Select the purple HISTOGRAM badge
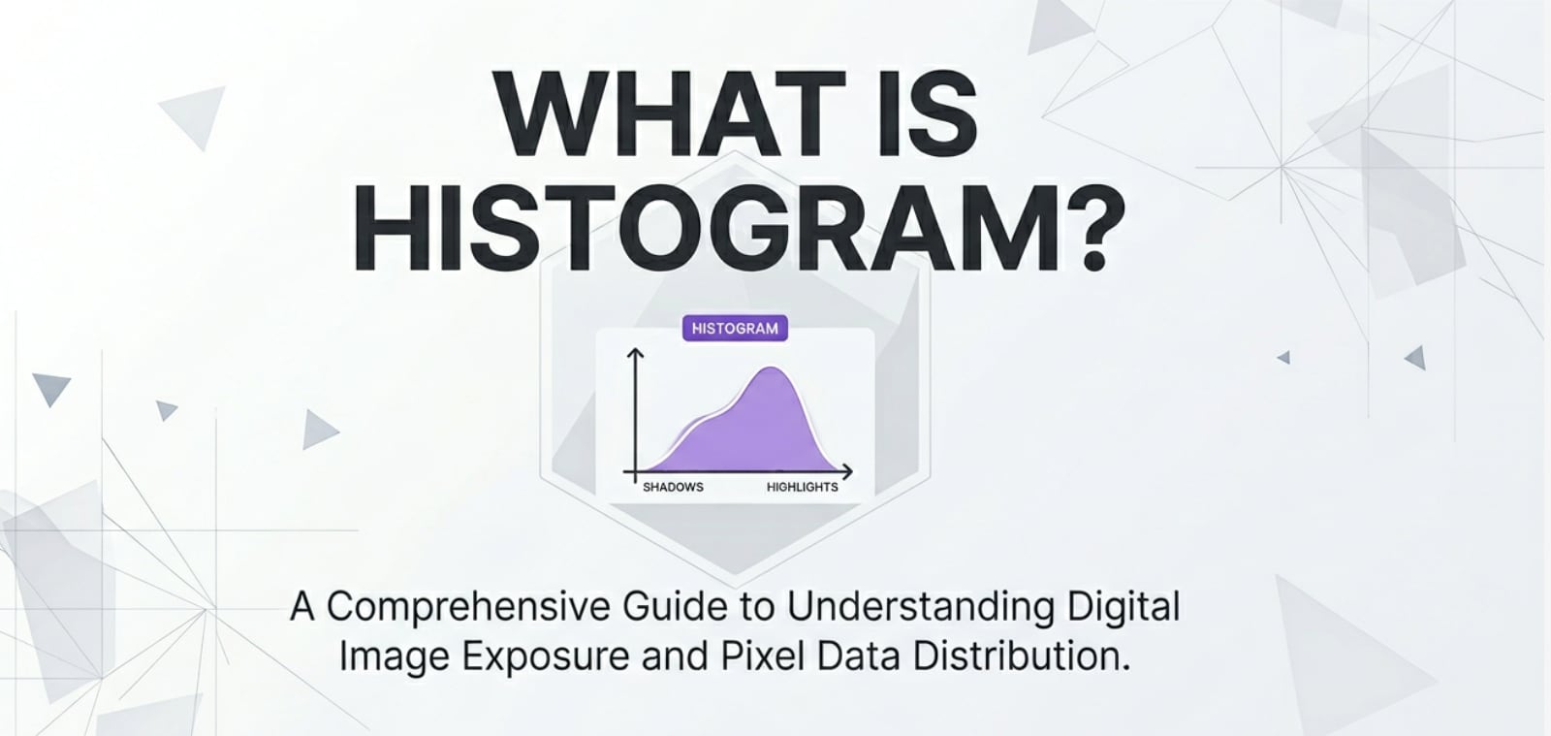pos(735,328)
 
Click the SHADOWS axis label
pos(673,487)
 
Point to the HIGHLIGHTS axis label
pos(802,487)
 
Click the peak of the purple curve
pos(771,369)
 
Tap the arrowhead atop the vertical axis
pos(636,355)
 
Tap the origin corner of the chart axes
pos(636,472)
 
